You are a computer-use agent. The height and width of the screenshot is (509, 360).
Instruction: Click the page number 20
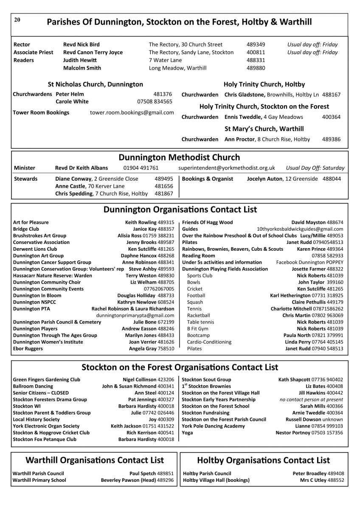tap(17, 20)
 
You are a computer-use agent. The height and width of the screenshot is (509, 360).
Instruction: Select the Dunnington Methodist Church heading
tap(179, 157)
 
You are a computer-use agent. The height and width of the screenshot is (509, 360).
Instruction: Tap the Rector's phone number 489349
tap(256, 45)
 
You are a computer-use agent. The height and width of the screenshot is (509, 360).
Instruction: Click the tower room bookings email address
tap(132, 112)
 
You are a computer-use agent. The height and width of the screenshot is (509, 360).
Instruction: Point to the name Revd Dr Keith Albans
tap(82, 168)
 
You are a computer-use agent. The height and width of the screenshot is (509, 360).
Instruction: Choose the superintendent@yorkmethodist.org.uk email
tap(227, 168)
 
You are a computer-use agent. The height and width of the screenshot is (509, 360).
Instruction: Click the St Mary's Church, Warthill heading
tap(264, 129)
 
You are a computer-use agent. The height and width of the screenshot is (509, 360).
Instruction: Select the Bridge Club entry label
tap(26, 229)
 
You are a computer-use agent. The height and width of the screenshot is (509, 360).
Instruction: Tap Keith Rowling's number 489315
tap(166, 222)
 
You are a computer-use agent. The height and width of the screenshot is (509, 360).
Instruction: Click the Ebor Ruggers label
tap(28, 349)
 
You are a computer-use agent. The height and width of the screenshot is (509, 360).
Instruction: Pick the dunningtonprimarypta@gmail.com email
tap(135, 316)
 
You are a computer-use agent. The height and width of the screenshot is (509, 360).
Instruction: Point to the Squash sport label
tap(194, 302)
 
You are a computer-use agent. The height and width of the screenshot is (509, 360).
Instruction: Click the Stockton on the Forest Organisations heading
tap(180, 367)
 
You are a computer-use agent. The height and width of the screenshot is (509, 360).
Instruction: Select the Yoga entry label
tap(187, 433)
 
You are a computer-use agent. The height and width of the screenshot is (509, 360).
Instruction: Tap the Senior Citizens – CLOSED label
tap(41, 393)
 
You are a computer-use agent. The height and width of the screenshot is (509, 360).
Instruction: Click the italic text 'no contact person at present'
tap(311, 400)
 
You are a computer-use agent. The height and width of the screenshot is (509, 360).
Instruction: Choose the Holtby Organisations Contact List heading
tap(263, 460)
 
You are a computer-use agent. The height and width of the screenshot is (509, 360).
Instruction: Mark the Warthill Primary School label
tap(39, 480)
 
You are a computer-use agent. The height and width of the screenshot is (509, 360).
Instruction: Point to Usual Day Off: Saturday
tap(315, 168)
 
